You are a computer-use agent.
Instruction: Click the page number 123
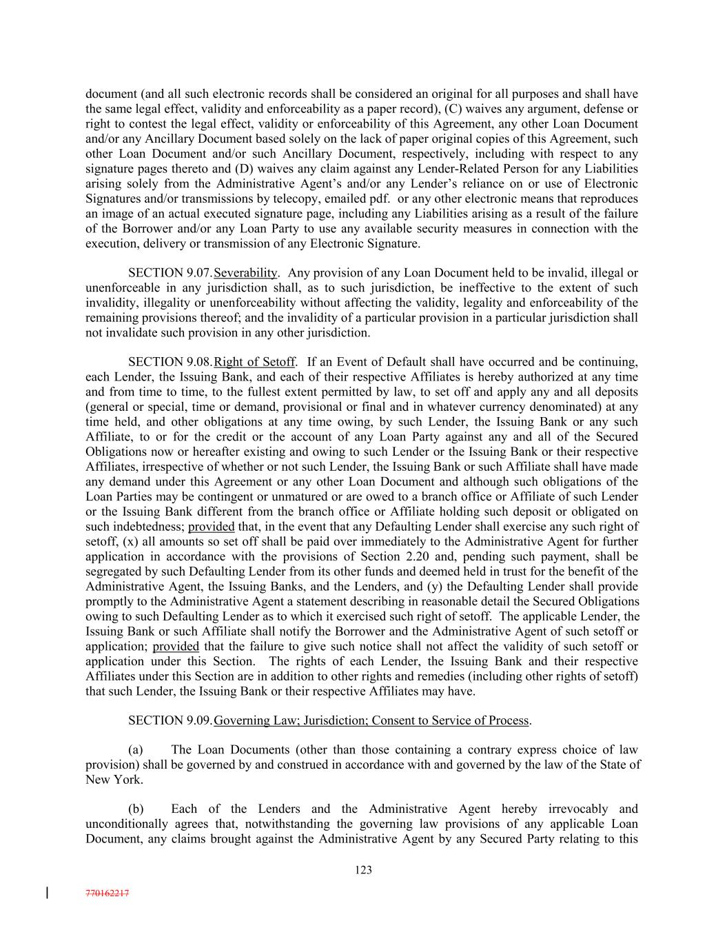[x=363, y=870]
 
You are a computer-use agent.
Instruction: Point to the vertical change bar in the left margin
[x=47, y=893]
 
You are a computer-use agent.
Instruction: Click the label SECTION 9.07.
[x=170, y=273]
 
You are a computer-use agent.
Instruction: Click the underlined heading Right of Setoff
[x=255, y=362]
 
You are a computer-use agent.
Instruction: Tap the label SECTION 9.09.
[x=170, y=720]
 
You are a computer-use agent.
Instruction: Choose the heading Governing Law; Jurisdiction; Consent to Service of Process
[x=371, y=720]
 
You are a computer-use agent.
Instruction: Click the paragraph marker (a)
[x=136, y=749]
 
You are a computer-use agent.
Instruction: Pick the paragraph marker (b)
[x=136, y=809]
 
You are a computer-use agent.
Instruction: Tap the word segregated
[x=114, y=571]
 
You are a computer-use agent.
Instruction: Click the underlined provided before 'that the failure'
[x=176, y=647]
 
